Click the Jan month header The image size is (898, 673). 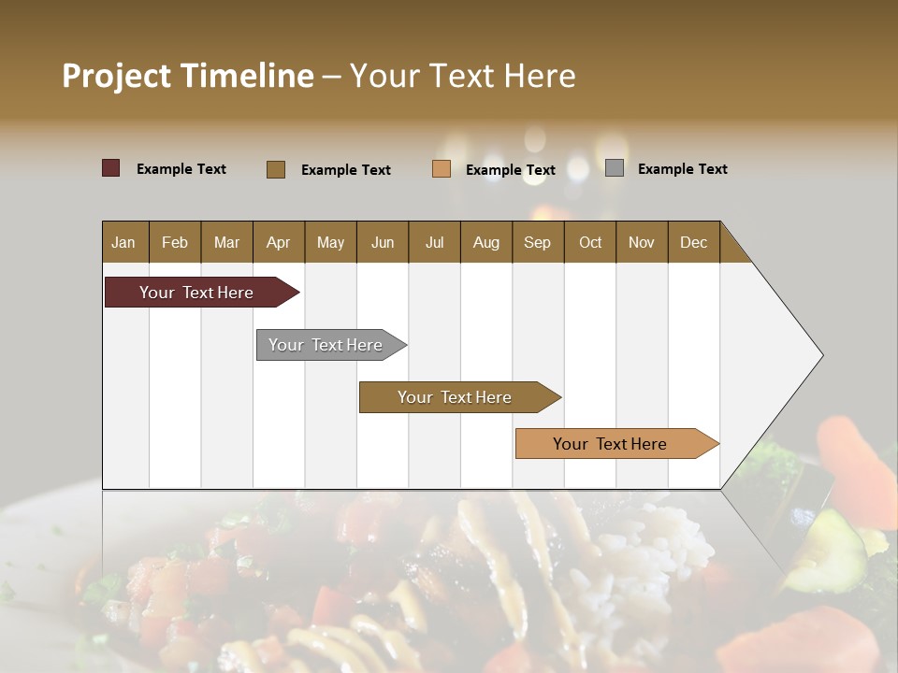pos(123,242)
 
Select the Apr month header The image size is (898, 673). pos(279,242)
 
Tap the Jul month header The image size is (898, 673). pos(435,242)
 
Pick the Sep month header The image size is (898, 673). pos(538,242)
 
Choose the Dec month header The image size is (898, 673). pos(694,242)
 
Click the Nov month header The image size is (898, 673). pos(642,242)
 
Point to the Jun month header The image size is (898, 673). pos(383,242)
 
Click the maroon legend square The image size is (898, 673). pos(111,168)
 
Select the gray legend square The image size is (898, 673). pos(615,168)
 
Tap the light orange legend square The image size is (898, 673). pos(442,169)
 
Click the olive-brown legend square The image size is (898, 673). pos(276,169)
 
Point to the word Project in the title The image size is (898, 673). pos(116,76)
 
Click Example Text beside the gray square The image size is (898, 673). pos(682,169)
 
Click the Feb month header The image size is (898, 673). pos(175,242)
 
